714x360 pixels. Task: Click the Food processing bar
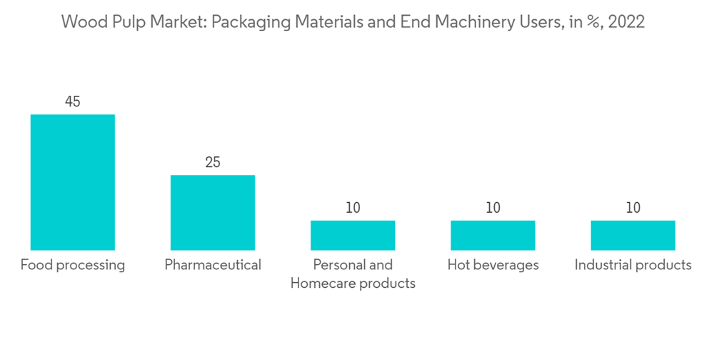click(x=72, y=182)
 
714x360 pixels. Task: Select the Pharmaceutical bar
click(x=212, y=212)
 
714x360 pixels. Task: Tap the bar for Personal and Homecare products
click(x=353, y=235)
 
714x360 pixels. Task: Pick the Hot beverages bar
click(x=493, y=235)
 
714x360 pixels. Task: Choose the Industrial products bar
click(x=633, y=235)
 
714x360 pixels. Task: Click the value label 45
click(x=72, y=102)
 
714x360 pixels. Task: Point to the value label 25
click(x=213, y=163)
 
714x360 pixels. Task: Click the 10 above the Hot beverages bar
click(x=493, y=208)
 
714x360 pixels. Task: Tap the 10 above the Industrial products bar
click(x=633, y=208)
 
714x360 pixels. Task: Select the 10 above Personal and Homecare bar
click(x=353, y=208)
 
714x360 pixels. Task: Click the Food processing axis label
click(x=72, y=266)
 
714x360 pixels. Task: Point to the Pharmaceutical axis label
click(x=213, y=265)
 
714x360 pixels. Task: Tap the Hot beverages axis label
click(x=493, y=265)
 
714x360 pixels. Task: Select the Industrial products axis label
click(x=633, y=265)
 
